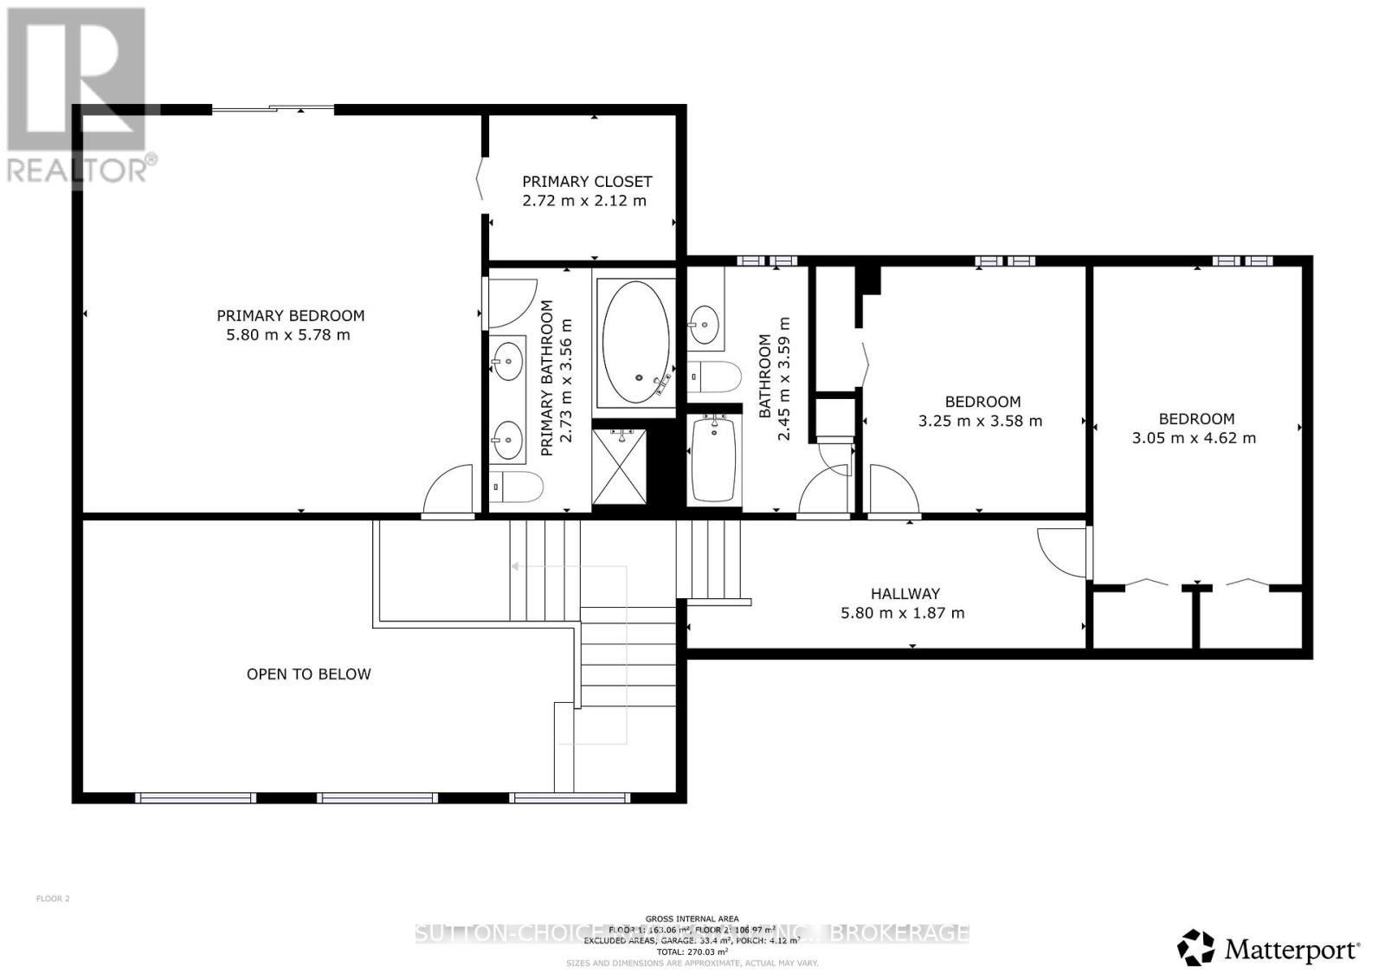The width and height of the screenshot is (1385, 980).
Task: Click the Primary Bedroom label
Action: coord(290,316)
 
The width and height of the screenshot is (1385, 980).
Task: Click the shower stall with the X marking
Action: coord(620,467)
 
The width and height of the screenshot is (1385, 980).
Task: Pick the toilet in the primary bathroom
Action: coord(517,487)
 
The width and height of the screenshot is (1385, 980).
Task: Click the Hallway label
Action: coord(905,594)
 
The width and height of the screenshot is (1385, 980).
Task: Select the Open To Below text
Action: coord(308,674)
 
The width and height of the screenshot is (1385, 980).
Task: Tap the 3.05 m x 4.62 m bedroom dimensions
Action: coord(1194,438)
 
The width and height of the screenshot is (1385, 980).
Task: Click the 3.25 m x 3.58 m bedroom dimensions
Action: coord(980,422)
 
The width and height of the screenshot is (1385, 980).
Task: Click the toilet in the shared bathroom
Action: coord(715,377)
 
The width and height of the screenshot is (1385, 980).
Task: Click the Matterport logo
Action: coord(1269,949)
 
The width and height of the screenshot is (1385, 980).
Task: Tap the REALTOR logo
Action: coord(78,95)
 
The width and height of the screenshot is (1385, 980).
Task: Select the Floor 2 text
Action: coord(53,899)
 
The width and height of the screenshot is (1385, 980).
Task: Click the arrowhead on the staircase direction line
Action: coord(514,567)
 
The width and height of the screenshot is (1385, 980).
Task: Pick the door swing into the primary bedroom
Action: coord(448,491)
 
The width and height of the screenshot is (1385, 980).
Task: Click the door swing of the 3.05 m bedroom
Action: coord(1061,551)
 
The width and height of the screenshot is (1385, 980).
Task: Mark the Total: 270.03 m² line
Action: coord(692,951)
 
